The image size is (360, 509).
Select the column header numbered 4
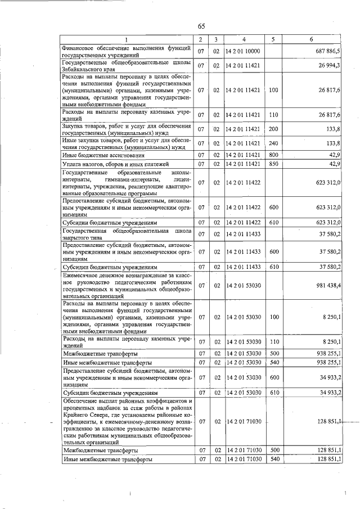[x=244, y=39]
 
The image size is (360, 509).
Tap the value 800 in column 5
[x=273, y=155]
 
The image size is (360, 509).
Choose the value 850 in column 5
[x=273, y=164]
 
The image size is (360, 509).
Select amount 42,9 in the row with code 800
[x=335, y=155]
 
